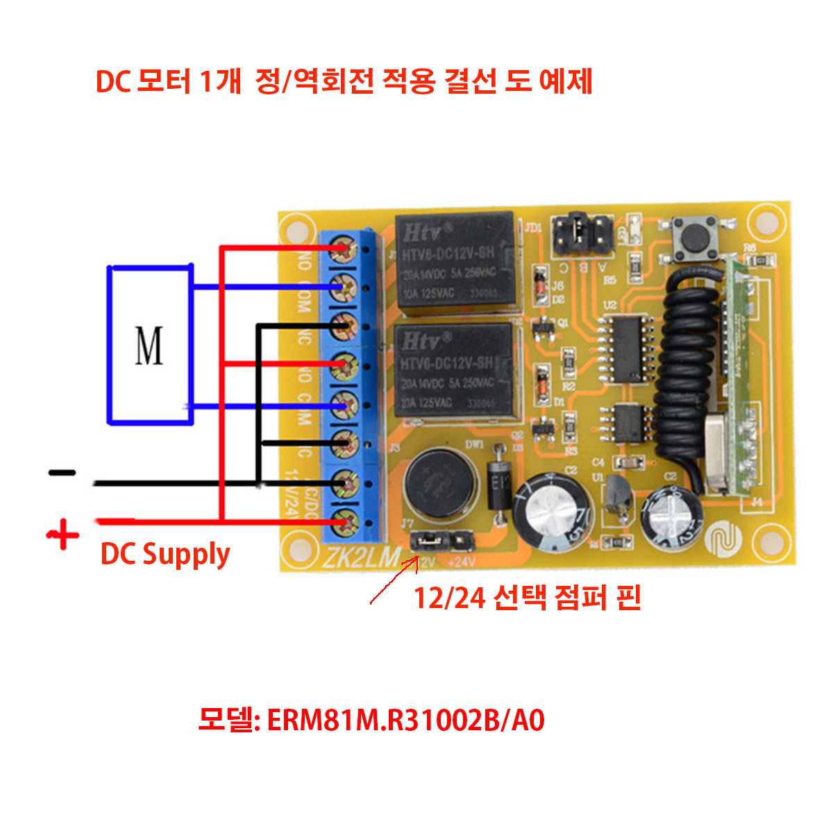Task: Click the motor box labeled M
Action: (149, 345)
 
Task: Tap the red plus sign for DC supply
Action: (63, 535)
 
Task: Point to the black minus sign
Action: (62, 473)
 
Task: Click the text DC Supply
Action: (165, 555)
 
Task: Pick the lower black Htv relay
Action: (455, 373)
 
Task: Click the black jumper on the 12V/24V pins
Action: (427, 539)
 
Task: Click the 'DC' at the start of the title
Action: (113, 82)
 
